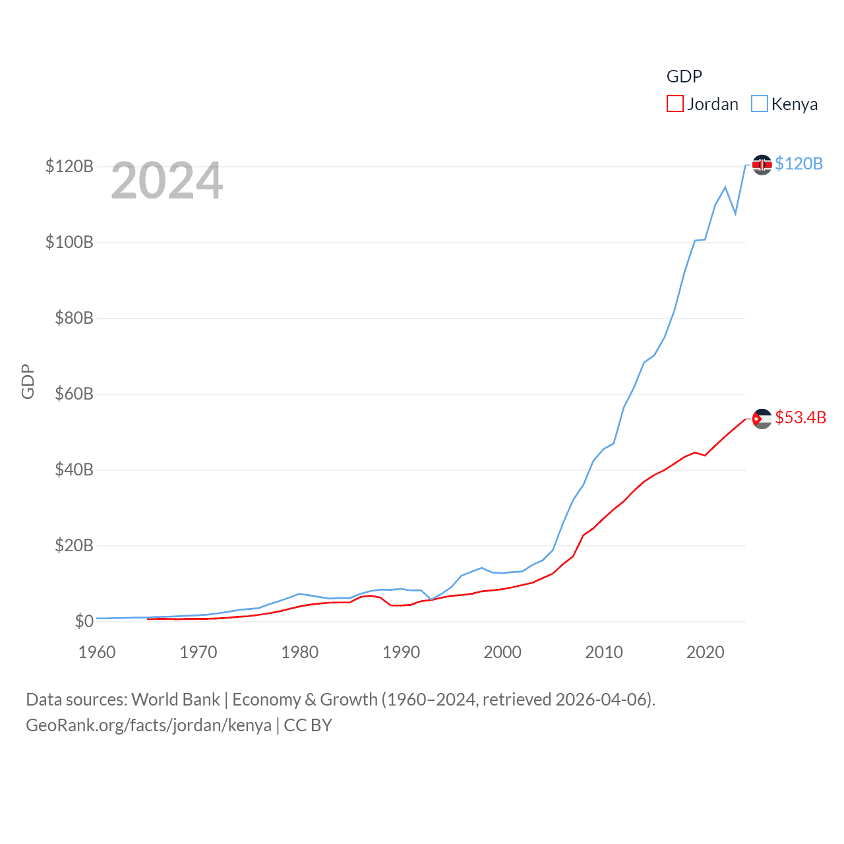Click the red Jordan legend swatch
(675, 104)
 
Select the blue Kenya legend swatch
(760, 104)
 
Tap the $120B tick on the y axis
(69, 166)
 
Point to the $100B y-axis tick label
(69, 242)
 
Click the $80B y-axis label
(74, 318)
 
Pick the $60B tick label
(74, 394)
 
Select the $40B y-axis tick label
(74, 469)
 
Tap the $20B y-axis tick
(74, 545)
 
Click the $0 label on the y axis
(84, 621)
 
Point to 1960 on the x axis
(97, 652)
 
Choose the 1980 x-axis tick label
(299, 652)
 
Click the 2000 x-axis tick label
(502, 652)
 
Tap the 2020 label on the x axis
(706, 652)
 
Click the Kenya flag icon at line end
(762, 165)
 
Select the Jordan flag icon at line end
(762, 419)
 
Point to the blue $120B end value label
(799, 164)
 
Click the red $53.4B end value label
(800, 417)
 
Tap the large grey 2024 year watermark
(167, 181)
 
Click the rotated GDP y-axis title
(28, 381)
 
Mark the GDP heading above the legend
(684, 76)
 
